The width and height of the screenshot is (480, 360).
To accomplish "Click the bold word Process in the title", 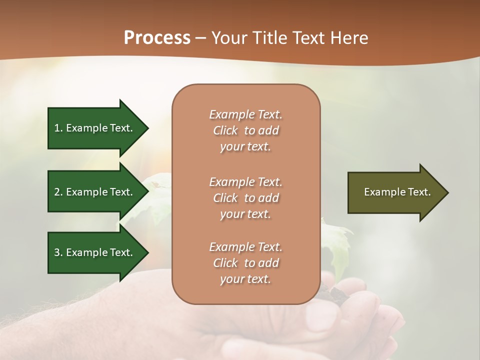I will (157, 38).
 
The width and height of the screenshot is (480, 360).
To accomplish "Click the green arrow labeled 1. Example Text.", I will (95, 128).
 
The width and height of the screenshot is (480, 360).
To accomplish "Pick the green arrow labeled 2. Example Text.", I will (95, 192).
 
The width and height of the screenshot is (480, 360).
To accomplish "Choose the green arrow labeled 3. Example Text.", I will (95, 252).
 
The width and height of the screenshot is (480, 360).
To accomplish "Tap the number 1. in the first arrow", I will (58, 128).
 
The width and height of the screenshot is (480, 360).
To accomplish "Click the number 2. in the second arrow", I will (58, 192).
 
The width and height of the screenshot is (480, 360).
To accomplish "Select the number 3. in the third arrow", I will (58, 252).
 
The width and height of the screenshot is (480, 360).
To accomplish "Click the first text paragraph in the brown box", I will (245, 130).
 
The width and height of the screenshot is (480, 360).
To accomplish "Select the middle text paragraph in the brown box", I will (245, 197).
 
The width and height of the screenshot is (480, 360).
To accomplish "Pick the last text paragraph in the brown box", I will (245, 263).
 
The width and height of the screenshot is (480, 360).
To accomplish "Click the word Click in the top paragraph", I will (225, 130).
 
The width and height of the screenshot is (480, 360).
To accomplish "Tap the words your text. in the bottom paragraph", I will (245, 279).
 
